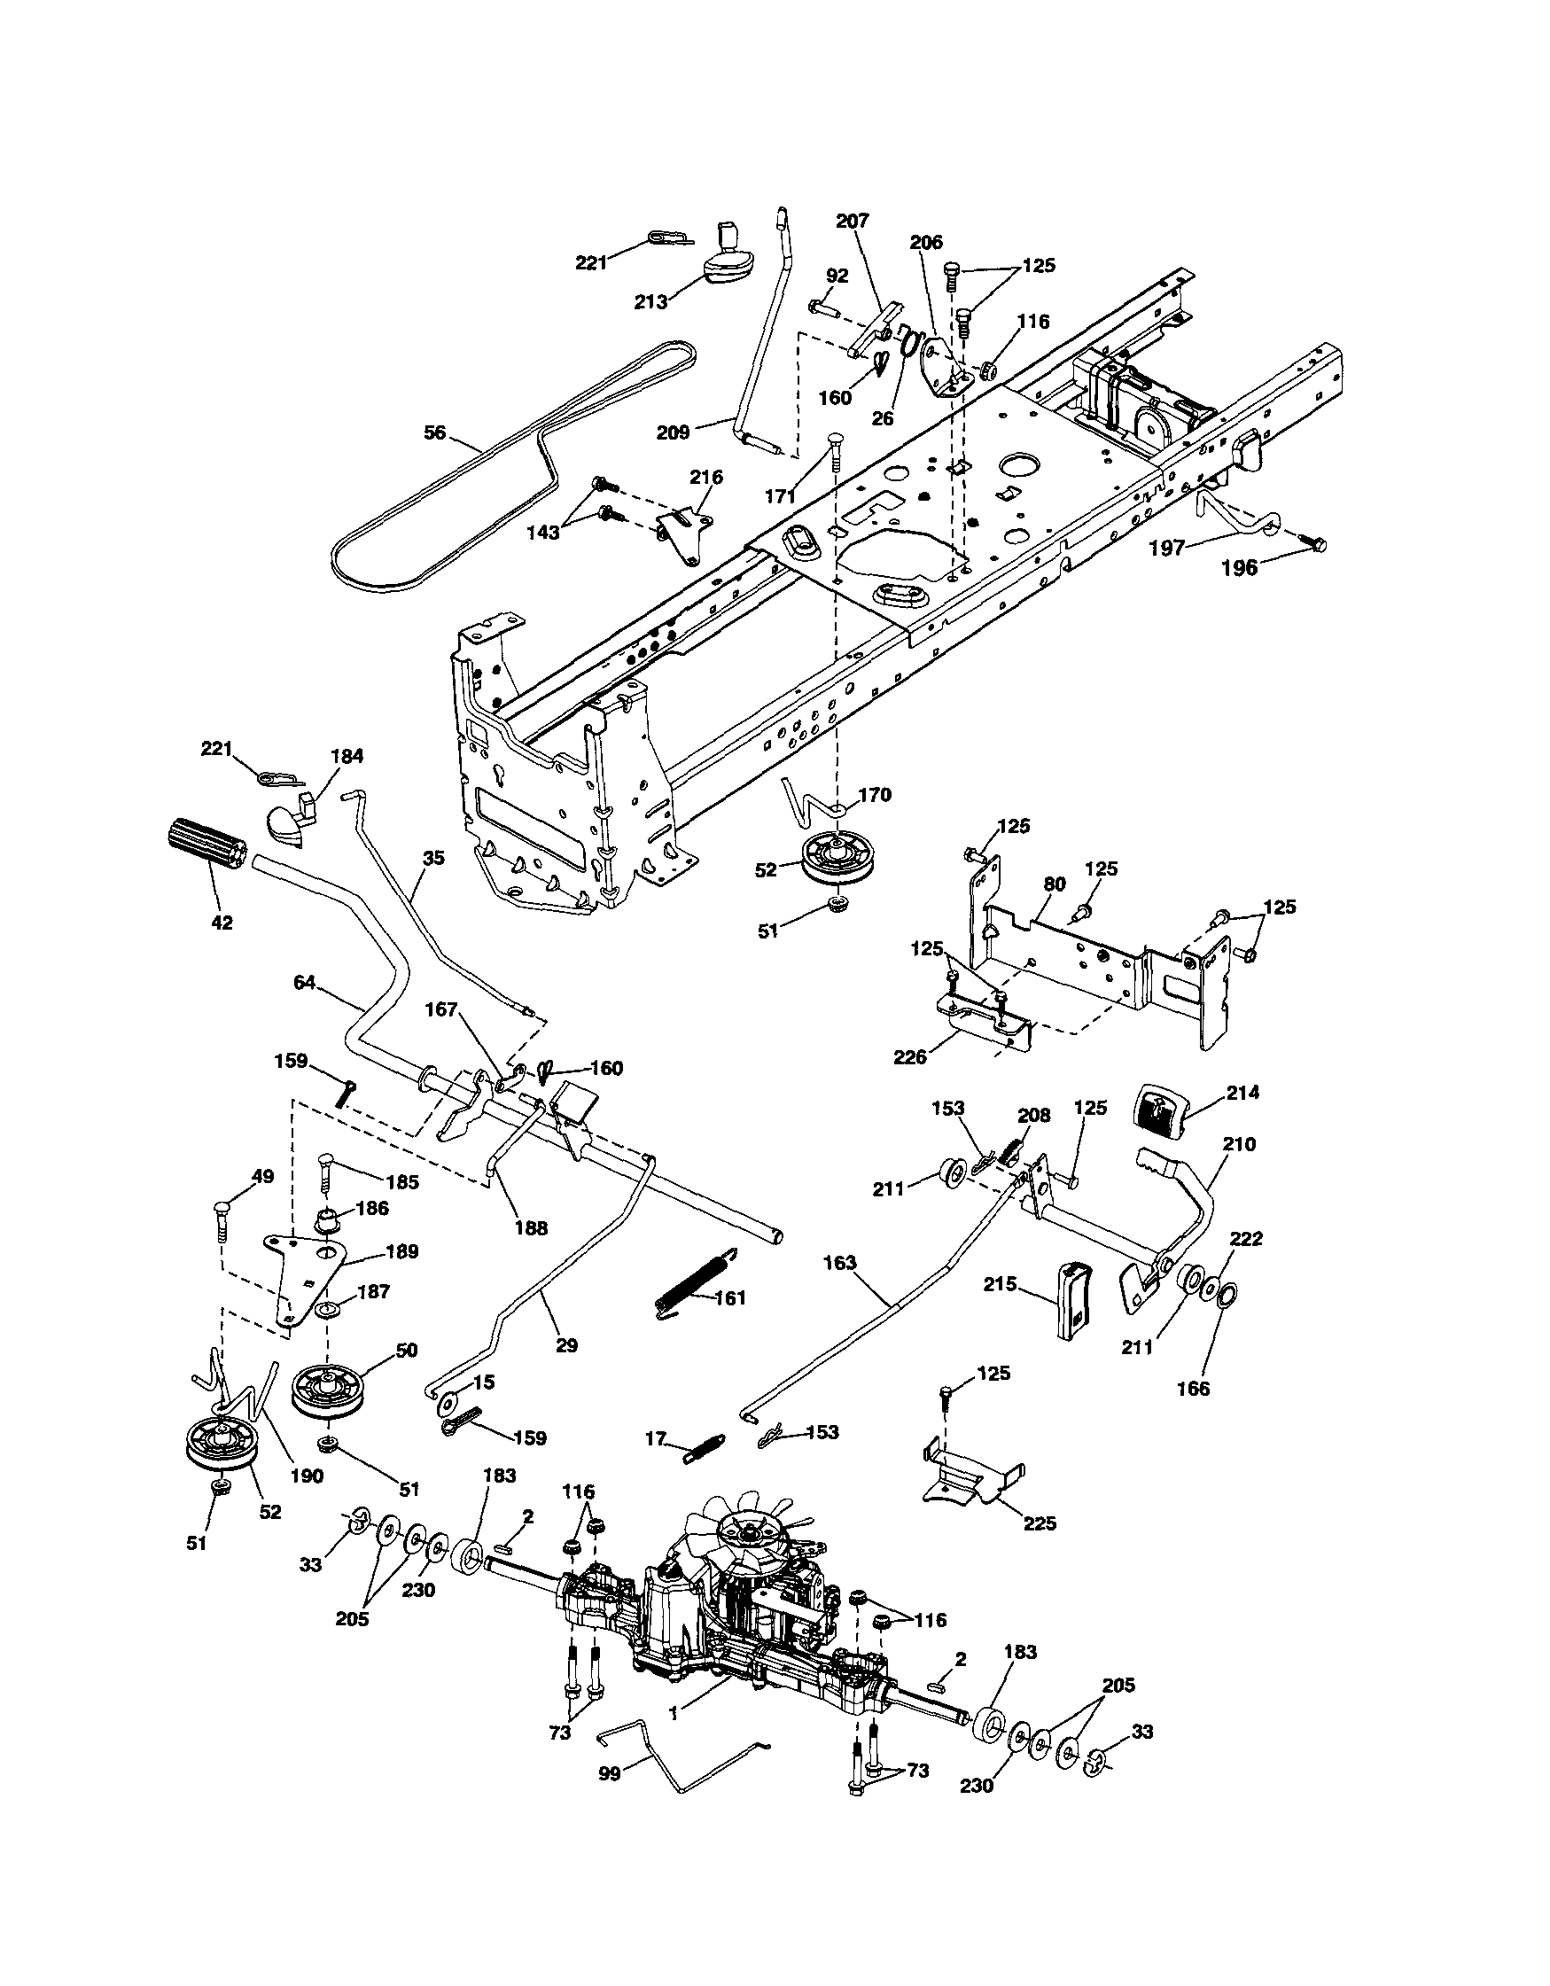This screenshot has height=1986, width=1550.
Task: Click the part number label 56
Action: click(435, 432)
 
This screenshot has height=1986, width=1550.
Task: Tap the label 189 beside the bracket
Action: click(401, 1252)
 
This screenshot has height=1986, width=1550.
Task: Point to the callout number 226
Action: click(910, 1056)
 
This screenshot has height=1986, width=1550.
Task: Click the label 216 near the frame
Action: click(706, 478)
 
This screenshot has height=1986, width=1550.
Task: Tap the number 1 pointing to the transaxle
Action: click(674, 1713)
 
